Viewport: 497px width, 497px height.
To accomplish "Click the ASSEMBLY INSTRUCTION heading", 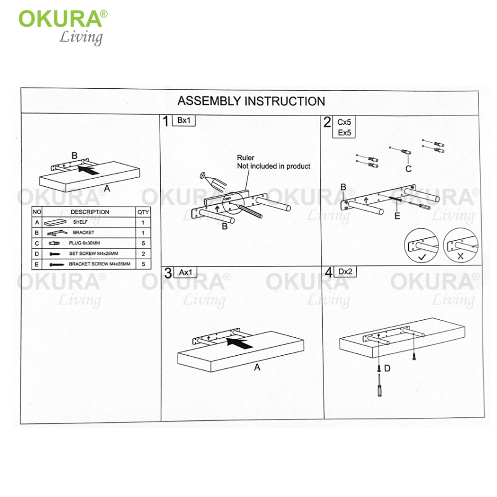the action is point(251,101).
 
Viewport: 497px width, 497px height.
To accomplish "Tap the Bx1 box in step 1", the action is point(183,120).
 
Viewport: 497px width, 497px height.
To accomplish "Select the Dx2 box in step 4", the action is point(345,272).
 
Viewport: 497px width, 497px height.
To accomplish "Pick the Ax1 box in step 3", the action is point(185,272).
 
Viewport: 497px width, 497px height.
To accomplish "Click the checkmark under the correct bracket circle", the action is point(422,257).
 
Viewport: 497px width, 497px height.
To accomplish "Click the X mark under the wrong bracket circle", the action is point(460,256).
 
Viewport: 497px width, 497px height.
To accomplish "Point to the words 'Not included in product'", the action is point(274,166).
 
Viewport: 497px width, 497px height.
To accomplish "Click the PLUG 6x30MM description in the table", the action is point(84,243).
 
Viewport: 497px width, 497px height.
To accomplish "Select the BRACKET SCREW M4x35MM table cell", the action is point(99,264).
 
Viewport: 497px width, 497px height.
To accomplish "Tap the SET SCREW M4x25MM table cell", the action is point(94,253).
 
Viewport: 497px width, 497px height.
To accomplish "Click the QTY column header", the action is point(143,212).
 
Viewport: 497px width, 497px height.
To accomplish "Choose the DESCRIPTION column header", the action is point(90,212).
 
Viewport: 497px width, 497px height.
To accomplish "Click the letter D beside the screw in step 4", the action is point(387,368).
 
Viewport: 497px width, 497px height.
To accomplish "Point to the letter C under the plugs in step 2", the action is point(409,169).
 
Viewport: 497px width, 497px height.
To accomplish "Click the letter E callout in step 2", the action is point(397,216).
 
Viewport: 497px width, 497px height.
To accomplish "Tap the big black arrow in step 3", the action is point(239,343).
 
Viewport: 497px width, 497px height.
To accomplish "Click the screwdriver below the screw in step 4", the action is point(380,385).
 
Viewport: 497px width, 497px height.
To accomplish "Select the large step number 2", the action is point(327,122).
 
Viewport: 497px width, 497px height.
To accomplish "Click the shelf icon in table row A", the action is point(55,222).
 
